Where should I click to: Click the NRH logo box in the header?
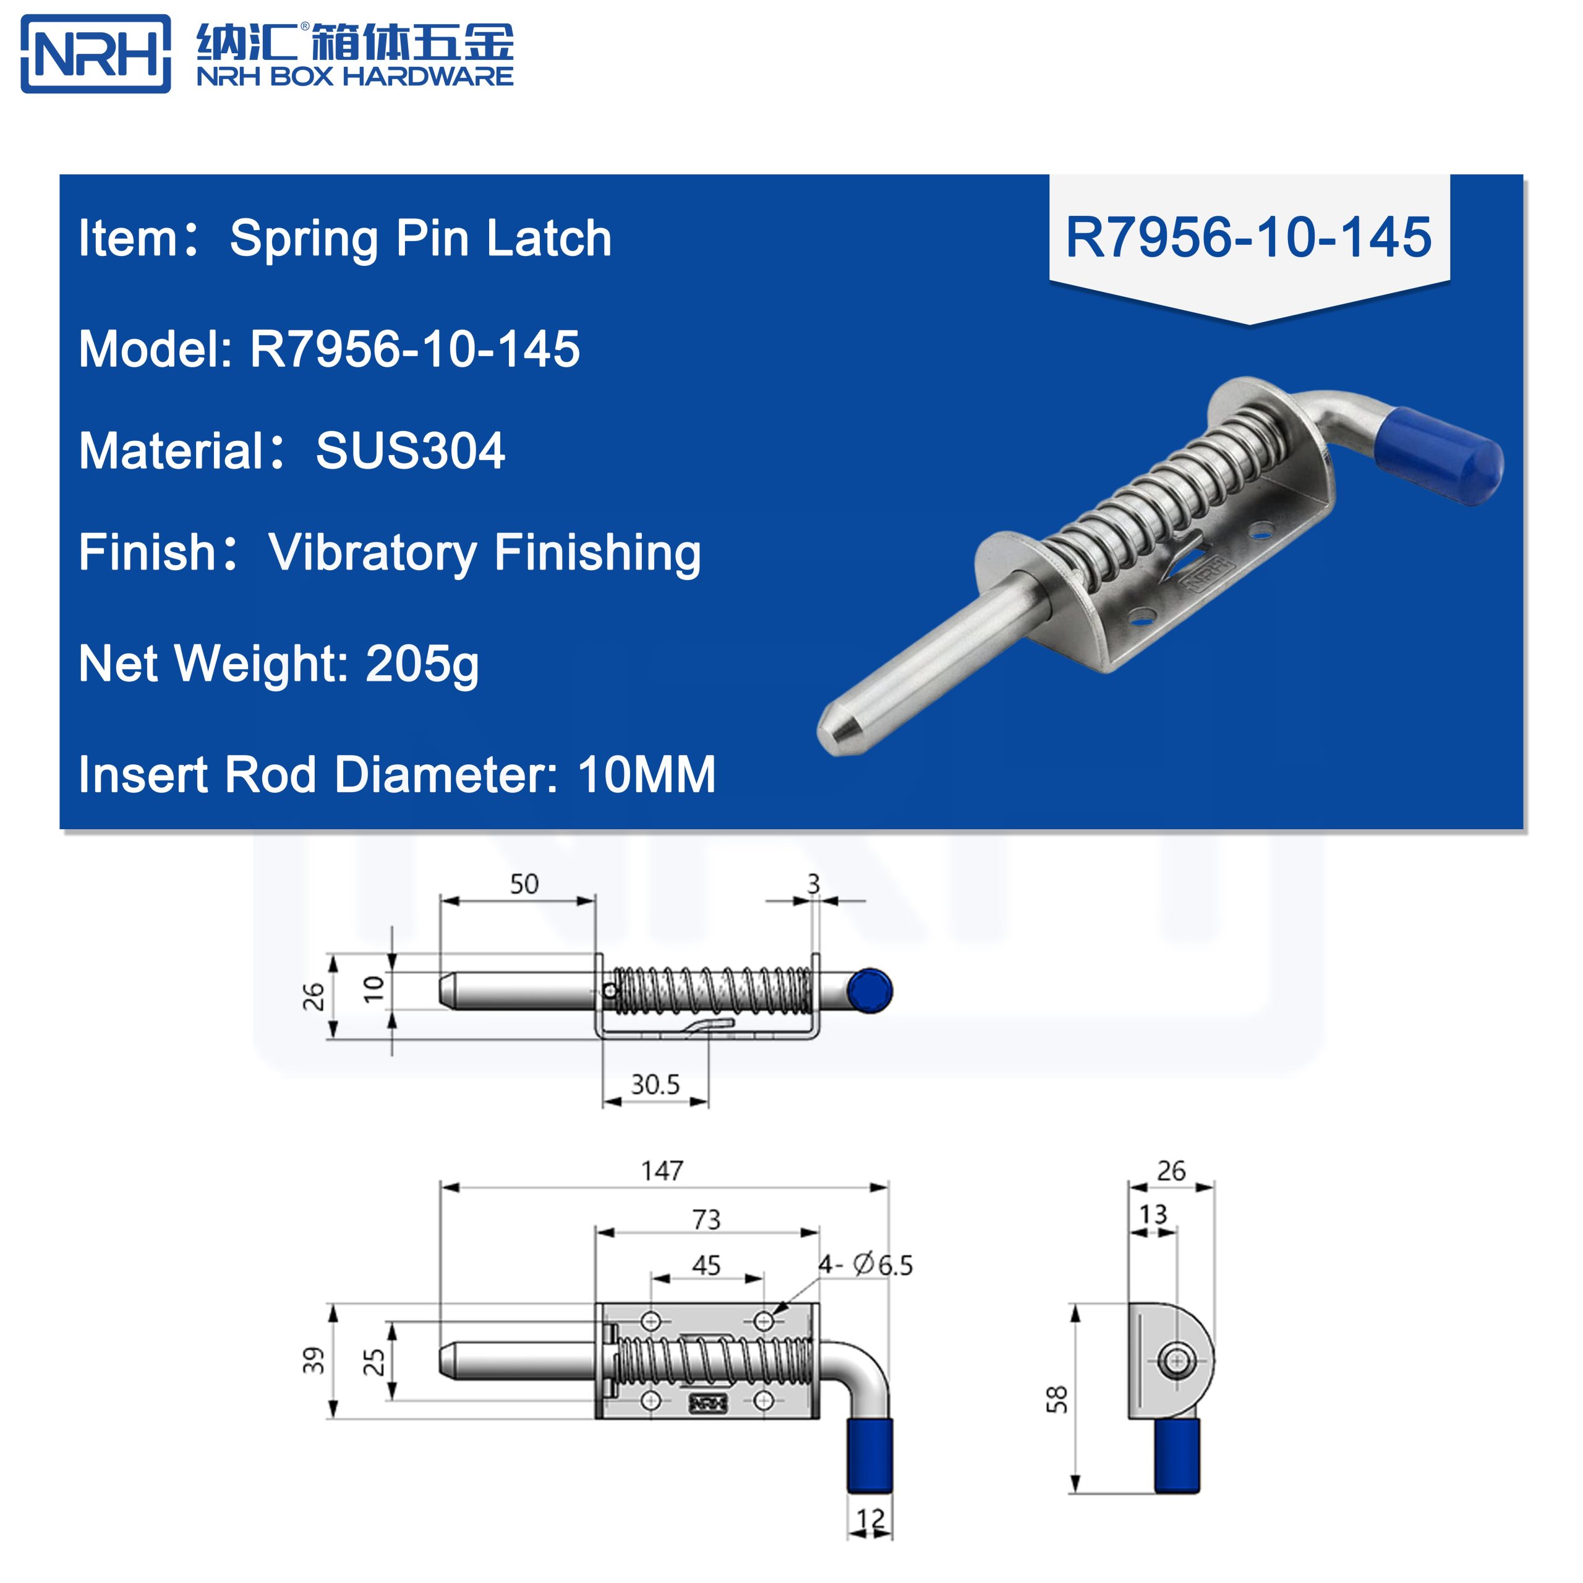coord(95,54)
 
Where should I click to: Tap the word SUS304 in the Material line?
coord(410,451)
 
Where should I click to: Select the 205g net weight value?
coord(421,663)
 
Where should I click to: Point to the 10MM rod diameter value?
coord(646,774)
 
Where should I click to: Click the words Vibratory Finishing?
coord(484,552)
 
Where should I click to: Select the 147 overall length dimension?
coord(662,1171)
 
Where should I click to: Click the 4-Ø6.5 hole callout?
coord(866,1265)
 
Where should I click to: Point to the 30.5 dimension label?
coord(655,1085)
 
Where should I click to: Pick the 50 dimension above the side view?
coord(524,884)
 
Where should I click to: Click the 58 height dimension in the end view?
coord(1057,1399)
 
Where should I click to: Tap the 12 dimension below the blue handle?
coord(870,1520)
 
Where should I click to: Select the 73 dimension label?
coord(706,1220)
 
